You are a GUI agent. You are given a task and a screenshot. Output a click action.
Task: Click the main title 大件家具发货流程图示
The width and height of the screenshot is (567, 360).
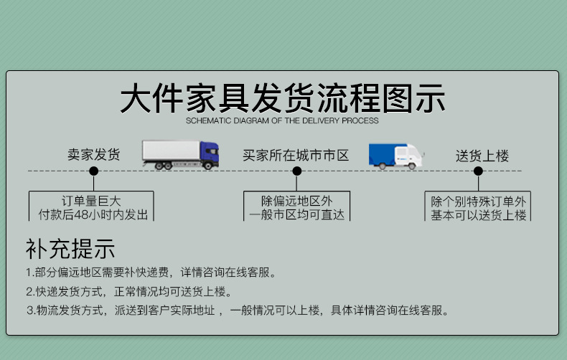282,99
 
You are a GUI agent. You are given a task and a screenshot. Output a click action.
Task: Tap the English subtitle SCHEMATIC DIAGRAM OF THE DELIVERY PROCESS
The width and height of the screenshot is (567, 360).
282,121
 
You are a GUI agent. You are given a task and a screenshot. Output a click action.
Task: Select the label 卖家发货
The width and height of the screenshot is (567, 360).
93,154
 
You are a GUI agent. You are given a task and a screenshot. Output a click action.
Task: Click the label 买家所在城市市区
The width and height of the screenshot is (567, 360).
296,155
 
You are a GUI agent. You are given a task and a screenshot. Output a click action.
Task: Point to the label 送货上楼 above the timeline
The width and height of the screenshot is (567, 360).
482,156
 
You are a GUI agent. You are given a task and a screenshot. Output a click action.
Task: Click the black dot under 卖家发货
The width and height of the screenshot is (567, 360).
93,171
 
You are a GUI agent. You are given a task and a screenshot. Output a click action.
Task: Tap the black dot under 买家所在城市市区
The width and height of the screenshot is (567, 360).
296,171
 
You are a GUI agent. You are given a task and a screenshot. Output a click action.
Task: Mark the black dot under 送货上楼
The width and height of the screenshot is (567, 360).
478,171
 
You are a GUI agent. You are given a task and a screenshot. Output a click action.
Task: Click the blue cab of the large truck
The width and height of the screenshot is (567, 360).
208,153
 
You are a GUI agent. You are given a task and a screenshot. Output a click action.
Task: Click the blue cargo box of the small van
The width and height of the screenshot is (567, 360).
383,154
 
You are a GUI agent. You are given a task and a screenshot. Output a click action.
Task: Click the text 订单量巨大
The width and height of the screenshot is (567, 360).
92,201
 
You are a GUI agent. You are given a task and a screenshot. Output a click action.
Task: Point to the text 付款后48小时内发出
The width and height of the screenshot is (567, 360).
93,214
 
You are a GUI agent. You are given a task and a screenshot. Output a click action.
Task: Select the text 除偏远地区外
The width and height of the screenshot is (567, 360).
296,201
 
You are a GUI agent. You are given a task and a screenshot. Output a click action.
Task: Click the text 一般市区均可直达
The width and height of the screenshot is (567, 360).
296,214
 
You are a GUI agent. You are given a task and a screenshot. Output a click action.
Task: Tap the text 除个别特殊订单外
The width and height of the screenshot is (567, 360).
478,201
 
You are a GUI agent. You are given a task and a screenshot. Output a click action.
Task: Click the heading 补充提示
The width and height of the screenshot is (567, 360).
70,249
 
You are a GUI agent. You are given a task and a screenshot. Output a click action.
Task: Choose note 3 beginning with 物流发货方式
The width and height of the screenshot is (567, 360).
237,311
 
